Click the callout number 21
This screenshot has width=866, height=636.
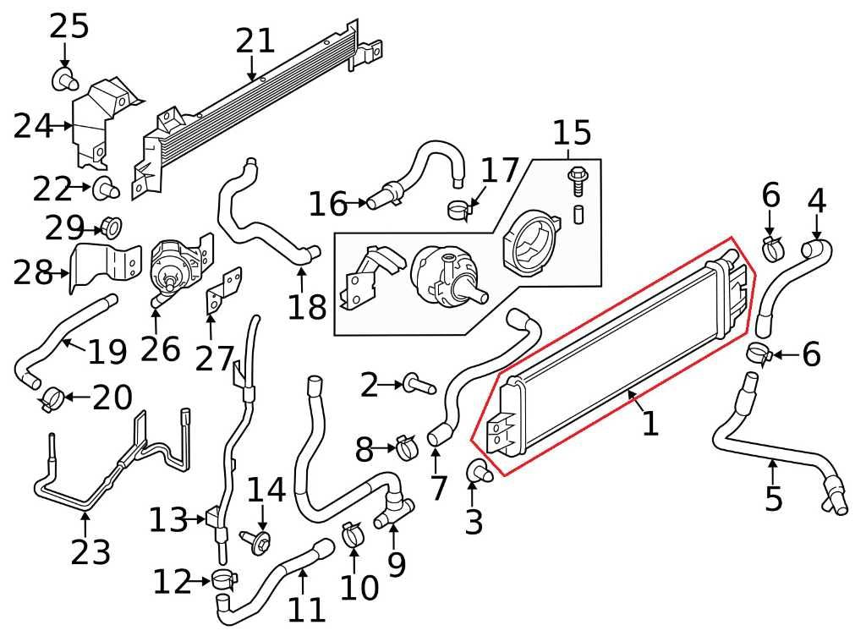(255, 40)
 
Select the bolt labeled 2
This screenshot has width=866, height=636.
(419, 386)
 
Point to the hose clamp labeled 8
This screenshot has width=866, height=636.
(406, 446)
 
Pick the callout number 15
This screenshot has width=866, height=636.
(572, 133)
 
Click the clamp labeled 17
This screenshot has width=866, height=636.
(460, 208)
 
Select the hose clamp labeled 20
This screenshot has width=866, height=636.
(53, 396)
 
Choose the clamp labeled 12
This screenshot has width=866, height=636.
(225, 580)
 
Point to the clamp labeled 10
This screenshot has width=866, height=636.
(353, 534)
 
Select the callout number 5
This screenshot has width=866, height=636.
(773, 499)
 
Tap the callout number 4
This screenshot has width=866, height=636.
(816, 201)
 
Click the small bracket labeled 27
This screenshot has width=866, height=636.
(223, 287)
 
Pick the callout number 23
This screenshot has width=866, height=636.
(90, 552)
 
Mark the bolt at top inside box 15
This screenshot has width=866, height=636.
(577, 178)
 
